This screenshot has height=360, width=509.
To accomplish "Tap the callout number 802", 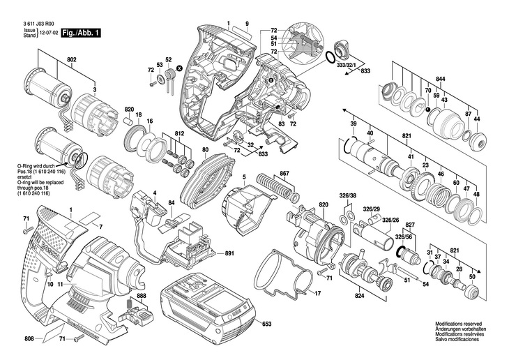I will [x=72, y=61].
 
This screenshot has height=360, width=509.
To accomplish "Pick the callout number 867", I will [x=284, y=172].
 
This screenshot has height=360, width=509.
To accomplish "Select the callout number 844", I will [x=441, y=79].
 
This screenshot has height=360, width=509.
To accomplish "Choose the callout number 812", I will [x=179, y=133].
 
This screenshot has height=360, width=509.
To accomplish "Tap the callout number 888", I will [x=142, y=296].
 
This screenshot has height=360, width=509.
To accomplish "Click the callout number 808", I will [x=29, y=340].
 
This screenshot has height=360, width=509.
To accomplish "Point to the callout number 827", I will [x=410, y=225].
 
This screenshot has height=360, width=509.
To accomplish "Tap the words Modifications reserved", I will [x=458, y=324].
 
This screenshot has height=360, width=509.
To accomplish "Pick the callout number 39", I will [x=354, y=123].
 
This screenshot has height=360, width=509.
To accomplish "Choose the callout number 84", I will [x=171, y=203].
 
